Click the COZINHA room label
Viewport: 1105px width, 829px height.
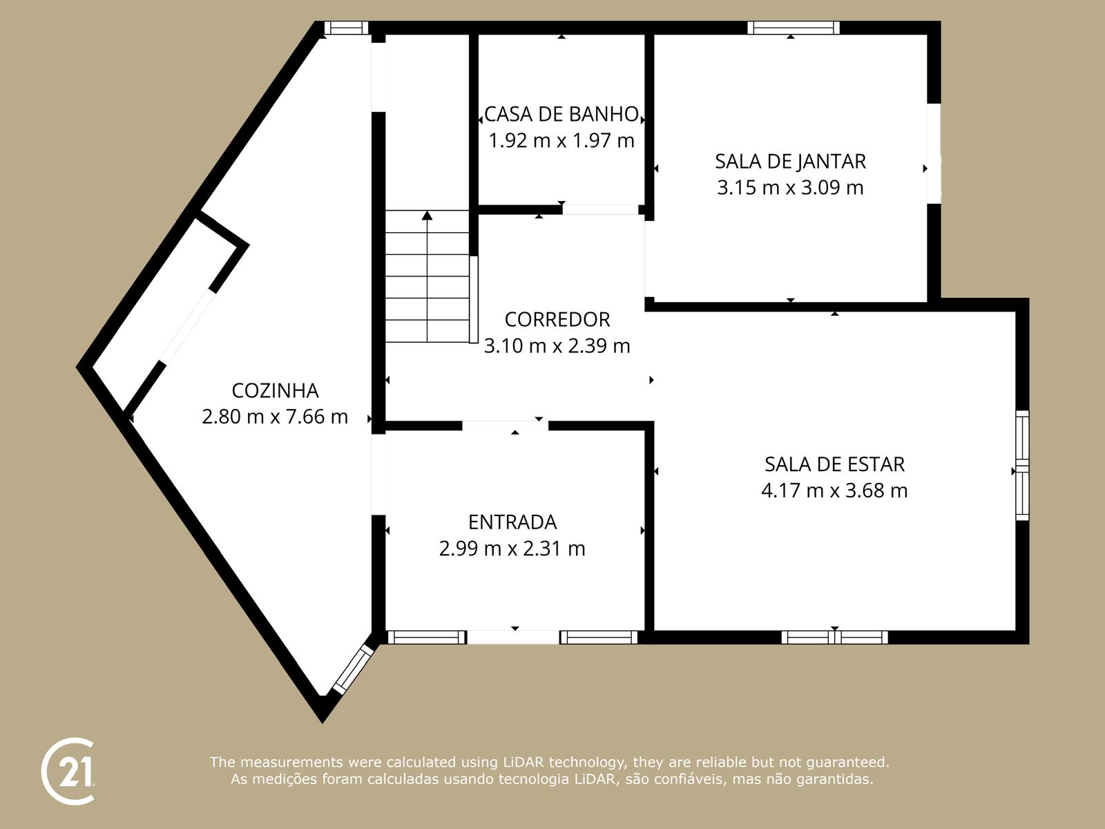pos(275,390)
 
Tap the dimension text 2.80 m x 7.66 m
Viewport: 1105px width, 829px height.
pos(275,417)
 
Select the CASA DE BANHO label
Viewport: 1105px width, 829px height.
pos(561,114)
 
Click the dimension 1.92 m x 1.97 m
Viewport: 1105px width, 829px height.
pos(561,141)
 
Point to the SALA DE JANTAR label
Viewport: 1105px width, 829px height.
pos(790,161)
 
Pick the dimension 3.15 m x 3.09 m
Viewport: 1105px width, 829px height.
pos(790,188)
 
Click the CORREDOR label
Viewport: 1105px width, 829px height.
pos(557,319)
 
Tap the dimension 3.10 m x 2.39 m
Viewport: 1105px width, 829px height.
pos(557,345)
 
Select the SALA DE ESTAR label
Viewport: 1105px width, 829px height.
pos(834,464)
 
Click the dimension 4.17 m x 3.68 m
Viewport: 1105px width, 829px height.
pos(834,490)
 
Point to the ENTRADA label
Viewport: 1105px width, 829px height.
pos(512,522)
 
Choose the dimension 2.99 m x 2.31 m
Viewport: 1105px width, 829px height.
pos(512,549)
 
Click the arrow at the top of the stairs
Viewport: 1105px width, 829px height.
pos(427,216)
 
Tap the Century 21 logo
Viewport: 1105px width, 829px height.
pos(68,771)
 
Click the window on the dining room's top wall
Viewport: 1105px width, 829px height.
pos(794,28)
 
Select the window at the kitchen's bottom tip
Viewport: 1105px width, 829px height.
pos(353,669)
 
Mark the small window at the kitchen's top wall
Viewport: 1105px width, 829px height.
pos(346,28)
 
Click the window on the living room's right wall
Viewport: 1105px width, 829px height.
pos(1022,466)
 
